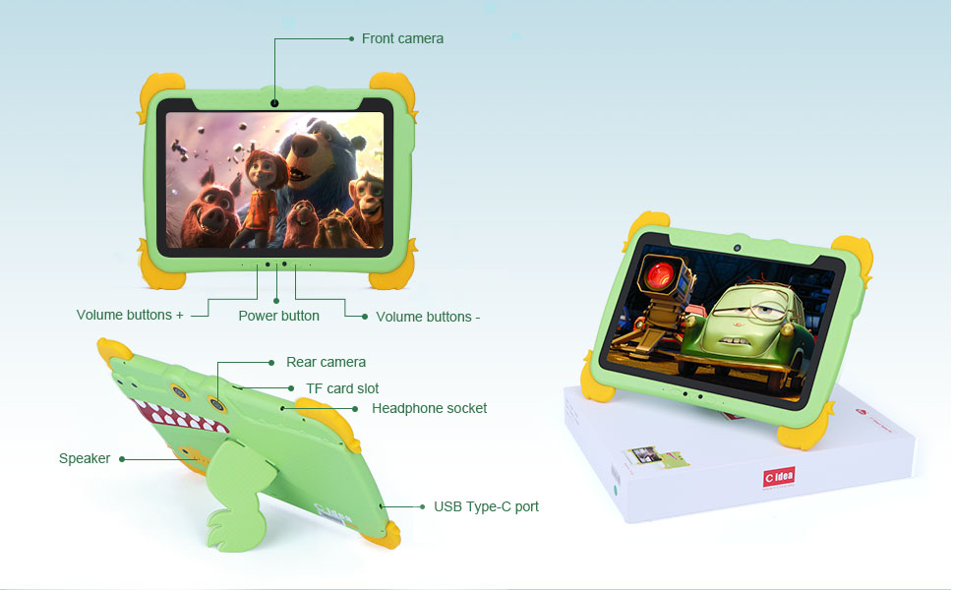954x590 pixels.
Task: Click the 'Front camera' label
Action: pyautogui.click(x=402, y=38)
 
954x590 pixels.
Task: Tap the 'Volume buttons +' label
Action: pyautogui.click(x=130, y=316)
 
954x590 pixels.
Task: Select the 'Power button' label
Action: pyautogui.click(x=278, y=316)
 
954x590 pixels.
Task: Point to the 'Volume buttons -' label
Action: pyautogui.click(x=428, y=317)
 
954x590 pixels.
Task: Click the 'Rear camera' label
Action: pyautogui.click(x=326, y=362)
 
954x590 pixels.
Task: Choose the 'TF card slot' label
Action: pyautogui.click(x=342, y=388)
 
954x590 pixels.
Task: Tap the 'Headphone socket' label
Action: pyautogui.click(x=429, y=408)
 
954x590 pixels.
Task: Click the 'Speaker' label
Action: pyautogui.click(x=85, y=458)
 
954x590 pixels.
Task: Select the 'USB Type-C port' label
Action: pyautogui.click(x=486, y=506)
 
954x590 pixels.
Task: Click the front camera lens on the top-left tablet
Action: pyautogui.click(x=274, y=103)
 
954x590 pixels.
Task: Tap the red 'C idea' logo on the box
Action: pyautogui.click(x=779, y=477)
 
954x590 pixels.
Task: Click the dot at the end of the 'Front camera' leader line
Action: pyautogui.click(x=351, y=38)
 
